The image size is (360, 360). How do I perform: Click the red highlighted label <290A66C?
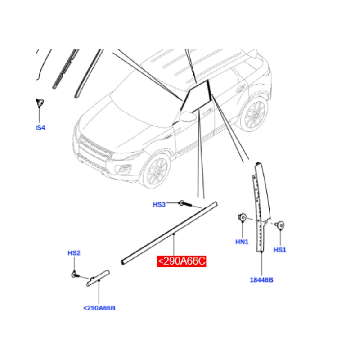point(181,261)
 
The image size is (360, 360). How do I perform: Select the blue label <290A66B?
point(99,308)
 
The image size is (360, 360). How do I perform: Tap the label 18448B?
point(261,280)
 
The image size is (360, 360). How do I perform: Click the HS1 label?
point(280,250)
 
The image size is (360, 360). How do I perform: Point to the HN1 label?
point(242,242)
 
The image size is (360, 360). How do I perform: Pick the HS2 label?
point(74,253)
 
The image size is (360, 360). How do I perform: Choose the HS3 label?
point(159,204)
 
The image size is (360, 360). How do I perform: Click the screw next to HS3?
point(184,204)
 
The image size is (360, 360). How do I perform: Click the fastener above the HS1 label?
point(280,225)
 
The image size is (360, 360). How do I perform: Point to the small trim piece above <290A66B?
point(98,278)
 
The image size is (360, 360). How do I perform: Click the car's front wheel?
point(155,171)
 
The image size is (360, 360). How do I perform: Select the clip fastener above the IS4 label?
point(40,103)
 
